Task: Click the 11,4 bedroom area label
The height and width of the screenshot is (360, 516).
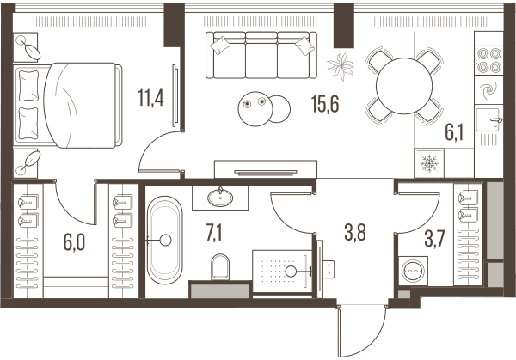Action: tap(150, 98)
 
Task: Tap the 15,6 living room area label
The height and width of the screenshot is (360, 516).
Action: tap(325, 104)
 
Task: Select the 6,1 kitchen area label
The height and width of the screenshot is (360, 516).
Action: tap(454, 133)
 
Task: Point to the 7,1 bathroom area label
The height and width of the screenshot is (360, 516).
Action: tap(214, 234)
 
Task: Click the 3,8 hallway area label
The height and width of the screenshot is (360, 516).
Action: tap(355, 233)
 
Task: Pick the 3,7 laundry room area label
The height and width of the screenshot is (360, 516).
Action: tap(434, 239)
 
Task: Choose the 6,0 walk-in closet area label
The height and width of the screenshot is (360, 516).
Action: tap(74, 242)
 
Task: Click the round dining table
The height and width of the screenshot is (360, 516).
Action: tap(404, 86)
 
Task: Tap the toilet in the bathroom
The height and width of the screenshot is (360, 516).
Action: tap(220, 266)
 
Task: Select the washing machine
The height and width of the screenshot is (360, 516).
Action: tap(414, 271)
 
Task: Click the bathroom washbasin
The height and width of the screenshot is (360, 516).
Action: tap(220, 198)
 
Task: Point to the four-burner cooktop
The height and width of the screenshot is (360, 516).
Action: tap(488, 60)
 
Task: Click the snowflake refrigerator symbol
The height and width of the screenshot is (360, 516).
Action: tap(429, 163)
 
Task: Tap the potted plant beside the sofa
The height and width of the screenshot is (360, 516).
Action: tap(341, 66)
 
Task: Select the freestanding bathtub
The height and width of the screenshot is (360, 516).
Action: tap(164, 241)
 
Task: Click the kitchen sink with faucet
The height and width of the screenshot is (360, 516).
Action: tap(488, 120)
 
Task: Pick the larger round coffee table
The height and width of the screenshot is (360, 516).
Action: tap(255, 109)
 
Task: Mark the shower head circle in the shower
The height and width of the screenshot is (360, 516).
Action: tap(291, 272)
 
